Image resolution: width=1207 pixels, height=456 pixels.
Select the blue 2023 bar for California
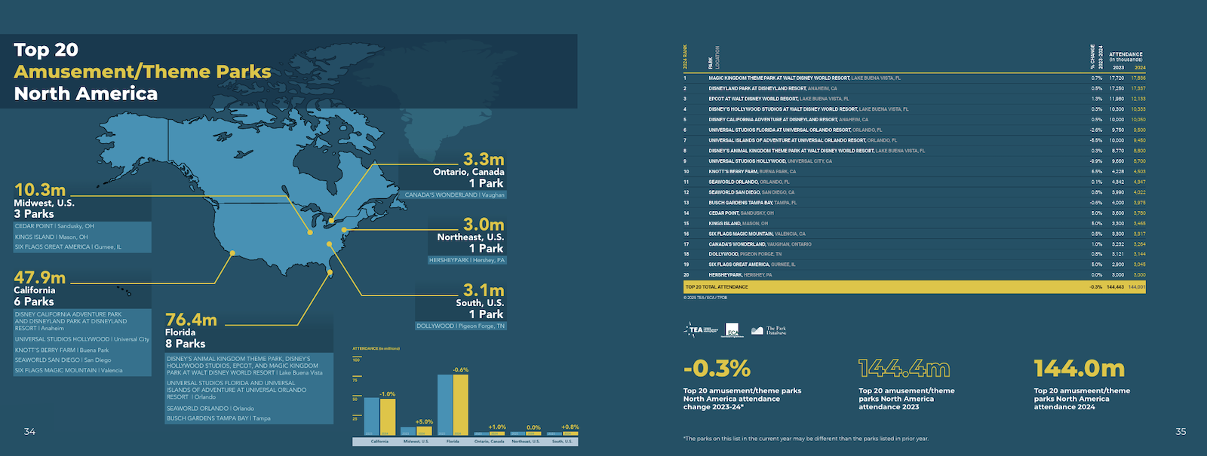tap(372, 416)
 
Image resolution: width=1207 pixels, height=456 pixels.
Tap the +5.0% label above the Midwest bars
tap(425, 422)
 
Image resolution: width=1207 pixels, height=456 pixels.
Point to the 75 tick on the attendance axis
tap(355, 380)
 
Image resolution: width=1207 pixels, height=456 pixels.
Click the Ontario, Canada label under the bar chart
tap(490, 442)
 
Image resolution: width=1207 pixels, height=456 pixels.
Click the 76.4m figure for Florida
tap(192, 320)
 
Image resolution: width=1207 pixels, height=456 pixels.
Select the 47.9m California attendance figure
tap(40, 278)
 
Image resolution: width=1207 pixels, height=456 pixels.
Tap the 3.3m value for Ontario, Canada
tap(484, 160)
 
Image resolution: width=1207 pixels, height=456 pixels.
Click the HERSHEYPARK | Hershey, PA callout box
tap(467, 260)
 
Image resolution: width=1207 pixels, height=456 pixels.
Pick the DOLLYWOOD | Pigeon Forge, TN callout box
tap(461, 326)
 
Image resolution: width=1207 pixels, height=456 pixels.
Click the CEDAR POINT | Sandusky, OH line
tap(54, 226)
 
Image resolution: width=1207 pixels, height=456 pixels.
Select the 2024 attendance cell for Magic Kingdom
tap(1138, 78)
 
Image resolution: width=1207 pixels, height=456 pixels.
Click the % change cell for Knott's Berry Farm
tap(1096, 171)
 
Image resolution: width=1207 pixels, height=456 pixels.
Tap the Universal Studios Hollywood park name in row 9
tap(747, 161)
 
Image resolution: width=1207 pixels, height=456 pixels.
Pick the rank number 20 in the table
tap(686, 275)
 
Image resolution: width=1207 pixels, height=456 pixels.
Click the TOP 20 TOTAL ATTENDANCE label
tap(717, 287)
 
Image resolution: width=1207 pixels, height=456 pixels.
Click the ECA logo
tap(733, 330)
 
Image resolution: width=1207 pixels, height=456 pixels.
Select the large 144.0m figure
tap(1079, 369)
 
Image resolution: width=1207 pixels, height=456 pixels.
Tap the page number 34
tap(29, 432)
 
